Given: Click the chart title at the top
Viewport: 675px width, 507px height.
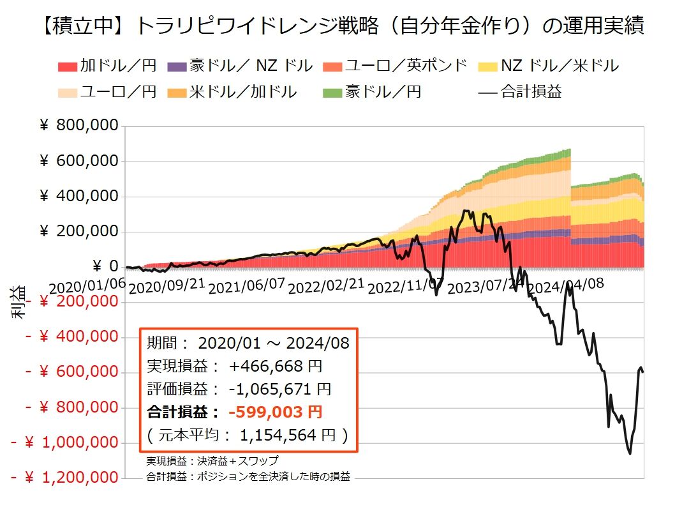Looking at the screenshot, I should [337, 26].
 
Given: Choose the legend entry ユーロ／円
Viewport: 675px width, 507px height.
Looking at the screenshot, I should [107, 91].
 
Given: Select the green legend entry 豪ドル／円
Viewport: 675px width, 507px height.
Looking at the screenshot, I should [373, 91].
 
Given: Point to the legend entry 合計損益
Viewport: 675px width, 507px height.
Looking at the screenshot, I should [520, 91].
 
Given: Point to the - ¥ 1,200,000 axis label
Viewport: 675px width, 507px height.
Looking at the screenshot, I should [64, 477].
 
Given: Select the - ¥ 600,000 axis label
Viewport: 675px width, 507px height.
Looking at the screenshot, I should [71, 372].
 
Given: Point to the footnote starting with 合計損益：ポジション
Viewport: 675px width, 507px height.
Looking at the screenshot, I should [248, 476].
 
